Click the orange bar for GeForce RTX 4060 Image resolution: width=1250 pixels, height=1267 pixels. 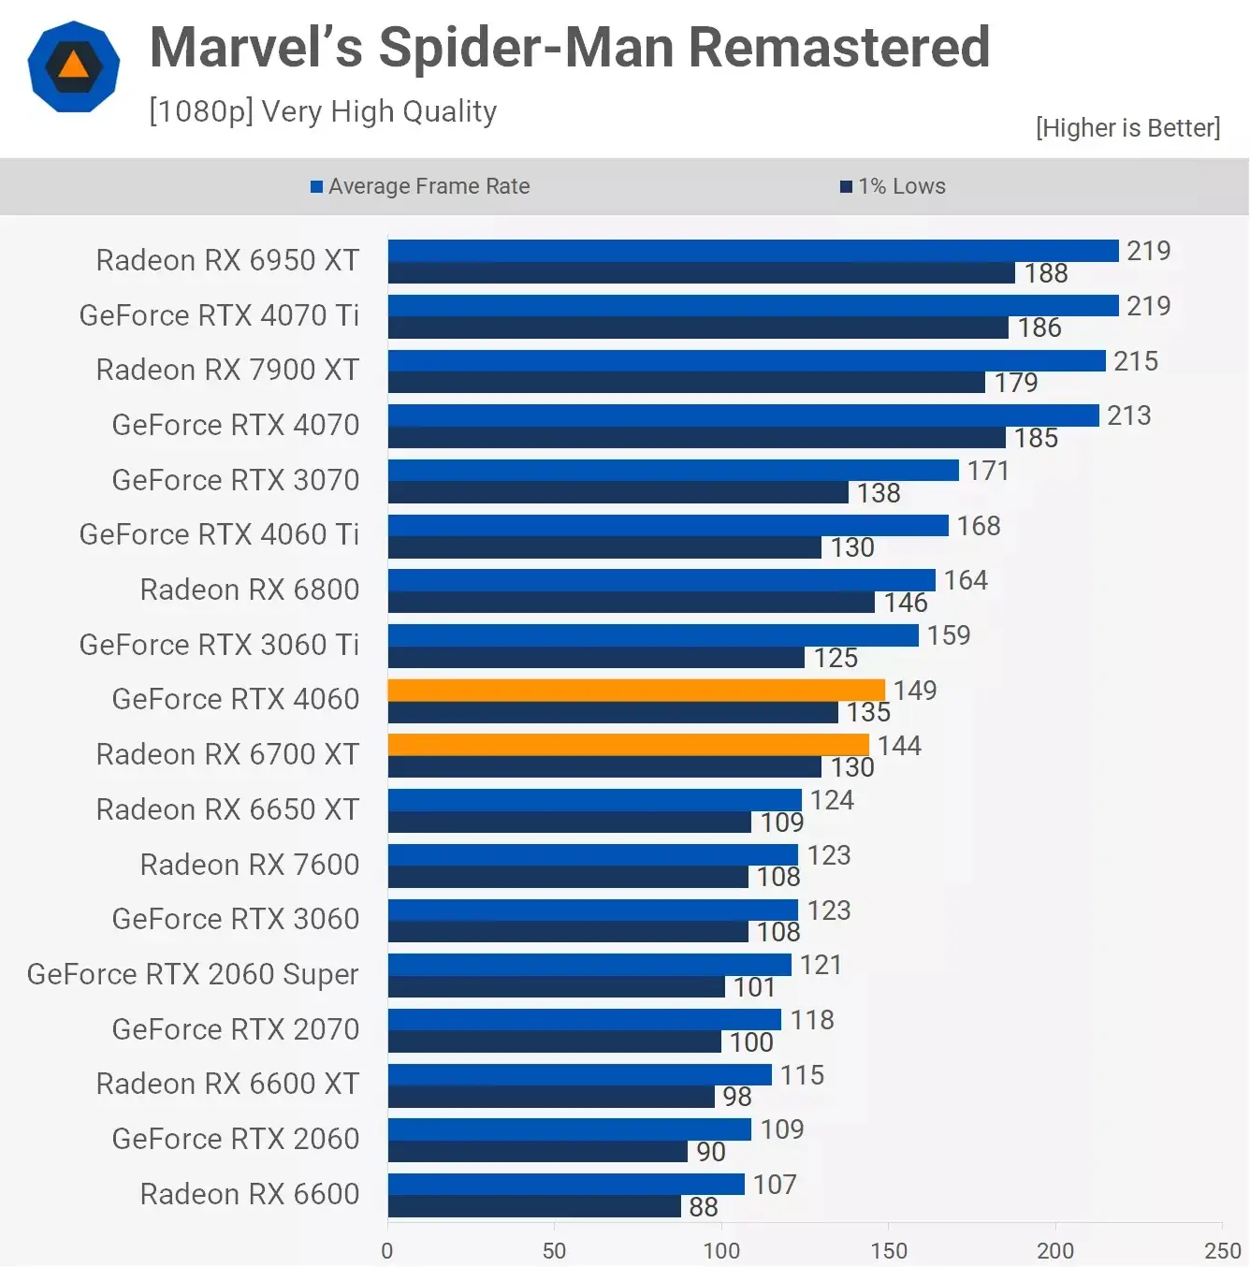[636, 691]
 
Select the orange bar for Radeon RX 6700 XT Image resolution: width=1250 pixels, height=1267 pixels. [628, 745]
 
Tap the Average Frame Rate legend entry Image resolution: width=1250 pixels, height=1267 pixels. [420, 186]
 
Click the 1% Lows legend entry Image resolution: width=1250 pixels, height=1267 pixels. [894, 186]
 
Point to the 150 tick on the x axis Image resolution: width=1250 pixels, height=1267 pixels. [888, 1250]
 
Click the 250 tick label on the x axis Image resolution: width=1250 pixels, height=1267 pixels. [1222, 1250]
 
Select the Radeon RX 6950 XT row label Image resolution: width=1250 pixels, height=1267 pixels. [227, 260]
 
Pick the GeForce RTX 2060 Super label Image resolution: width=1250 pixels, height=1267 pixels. [193, 974]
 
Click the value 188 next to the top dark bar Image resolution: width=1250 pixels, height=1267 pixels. [1045, 273]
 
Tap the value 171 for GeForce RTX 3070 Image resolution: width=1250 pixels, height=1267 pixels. [988, 471]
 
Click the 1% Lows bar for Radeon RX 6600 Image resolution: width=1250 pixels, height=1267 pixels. [534, 1207]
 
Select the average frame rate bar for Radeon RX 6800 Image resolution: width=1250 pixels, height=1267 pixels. [661, 580]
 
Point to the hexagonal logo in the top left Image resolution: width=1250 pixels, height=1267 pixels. [74, 66]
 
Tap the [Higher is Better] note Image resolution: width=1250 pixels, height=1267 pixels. [1127, 128]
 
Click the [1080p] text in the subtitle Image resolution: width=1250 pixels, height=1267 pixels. [201, 111]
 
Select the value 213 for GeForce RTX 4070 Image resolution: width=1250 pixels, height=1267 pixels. [1128, 415]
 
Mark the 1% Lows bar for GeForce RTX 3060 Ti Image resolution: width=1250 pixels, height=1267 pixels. [596, 658]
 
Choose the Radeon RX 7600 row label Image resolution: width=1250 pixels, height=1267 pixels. [249, 865]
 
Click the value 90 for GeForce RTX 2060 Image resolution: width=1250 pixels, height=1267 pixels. [710, 1152]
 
